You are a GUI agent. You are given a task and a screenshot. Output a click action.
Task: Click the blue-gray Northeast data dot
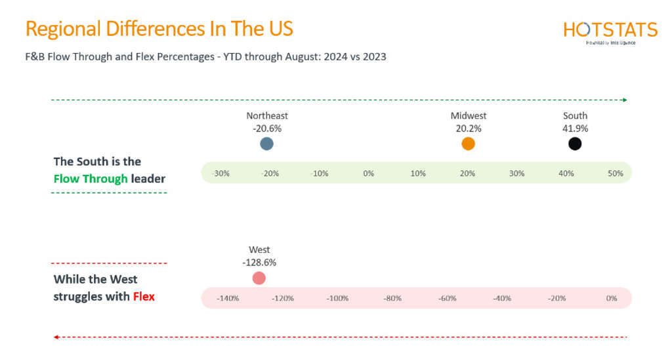click(x=266, y=144)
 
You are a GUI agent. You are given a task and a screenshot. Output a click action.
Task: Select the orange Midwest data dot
click(x=468, y=144)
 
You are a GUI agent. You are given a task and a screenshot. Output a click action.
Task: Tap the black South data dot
click(x=575, y=144)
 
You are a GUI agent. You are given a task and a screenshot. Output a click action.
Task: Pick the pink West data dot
click(x=259, y=278)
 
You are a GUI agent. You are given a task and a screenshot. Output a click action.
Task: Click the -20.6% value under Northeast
click(x=267, y=128)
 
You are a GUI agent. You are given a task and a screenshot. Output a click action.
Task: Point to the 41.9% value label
click(x=575, y=128)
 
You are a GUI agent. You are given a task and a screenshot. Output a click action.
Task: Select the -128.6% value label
click(x=259, y=262)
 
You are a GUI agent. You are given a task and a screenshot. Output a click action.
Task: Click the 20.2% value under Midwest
click(x=468, y=128)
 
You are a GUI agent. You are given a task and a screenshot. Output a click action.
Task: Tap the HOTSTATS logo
click(x=610, y=31)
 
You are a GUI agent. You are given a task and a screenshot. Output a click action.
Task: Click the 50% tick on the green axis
click(x=615, y=174)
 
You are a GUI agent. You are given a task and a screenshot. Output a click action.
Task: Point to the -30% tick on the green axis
click(x=220, y=174)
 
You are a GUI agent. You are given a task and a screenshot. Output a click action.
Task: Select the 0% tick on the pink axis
click(x=612, y=299)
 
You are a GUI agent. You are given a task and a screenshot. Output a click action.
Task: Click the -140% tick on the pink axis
click(x=228, y=299)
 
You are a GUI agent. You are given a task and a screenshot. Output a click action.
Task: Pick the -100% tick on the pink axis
click(x=337, y=299)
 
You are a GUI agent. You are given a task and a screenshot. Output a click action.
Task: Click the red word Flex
click(x=144, y=296)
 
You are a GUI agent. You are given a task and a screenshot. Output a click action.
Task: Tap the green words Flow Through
click(x=91, y=178)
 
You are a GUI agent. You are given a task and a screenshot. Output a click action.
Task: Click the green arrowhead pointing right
click(x=625, y=100)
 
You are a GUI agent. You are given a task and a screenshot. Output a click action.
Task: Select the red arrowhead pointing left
click(x=57, y=337)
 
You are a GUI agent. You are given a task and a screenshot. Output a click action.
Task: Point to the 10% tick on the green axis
click(x=418, y=174)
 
